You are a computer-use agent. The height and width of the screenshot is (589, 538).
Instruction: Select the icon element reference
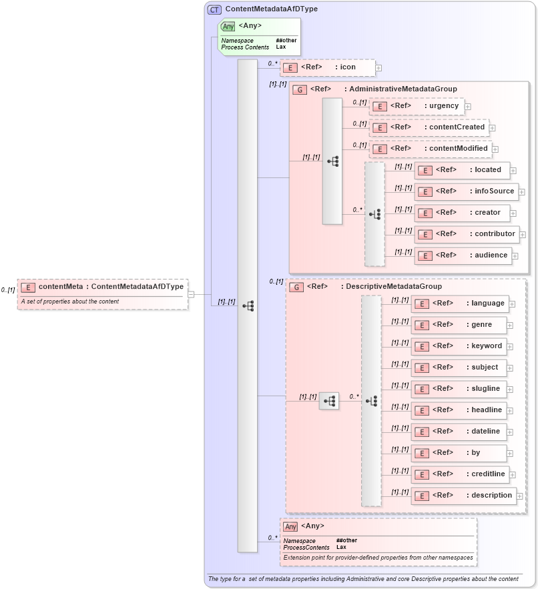coord(327,67)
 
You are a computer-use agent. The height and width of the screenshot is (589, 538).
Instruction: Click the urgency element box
coord(417,106)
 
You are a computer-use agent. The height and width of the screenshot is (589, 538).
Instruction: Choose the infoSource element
coord(466,191)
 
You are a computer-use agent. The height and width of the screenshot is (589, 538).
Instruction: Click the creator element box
coord(462,213)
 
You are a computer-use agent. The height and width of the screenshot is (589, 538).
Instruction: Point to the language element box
coord(460,304)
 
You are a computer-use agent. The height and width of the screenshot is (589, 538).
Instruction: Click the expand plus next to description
coord(520,496)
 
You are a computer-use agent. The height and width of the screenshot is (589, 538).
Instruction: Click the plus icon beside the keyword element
coord(510,347)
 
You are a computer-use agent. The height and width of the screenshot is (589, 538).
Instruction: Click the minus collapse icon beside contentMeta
coord(191,293)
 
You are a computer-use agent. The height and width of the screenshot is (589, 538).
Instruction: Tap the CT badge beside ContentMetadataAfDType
coord(214,9)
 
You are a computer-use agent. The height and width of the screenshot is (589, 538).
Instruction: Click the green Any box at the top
coord(259,36)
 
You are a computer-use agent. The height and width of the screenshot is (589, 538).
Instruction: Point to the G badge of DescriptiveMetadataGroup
coord(297,287)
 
